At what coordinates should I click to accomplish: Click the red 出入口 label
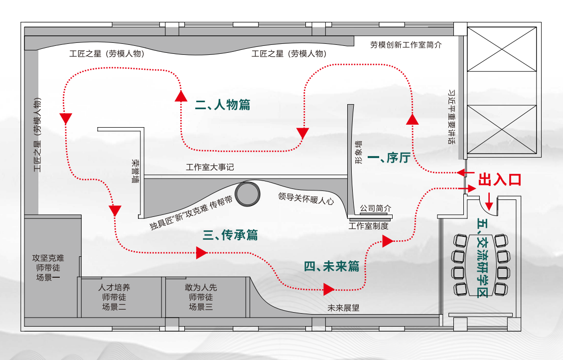click(500, 180)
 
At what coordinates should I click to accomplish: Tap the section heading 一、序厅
click(388, 158)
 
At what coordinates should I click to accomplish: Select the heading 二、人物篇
click(222, 105)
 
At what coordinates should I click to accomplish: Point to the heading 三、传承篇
click(230, 235)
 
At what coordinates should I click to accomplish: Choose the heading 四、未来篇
click(331, 266)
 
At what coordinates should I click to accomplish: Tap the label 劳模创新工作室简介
click(406, 45)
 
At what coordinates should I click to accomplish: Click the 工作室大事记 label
click(210, 168)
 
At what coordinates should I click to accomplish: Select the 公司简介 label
click(376, 208)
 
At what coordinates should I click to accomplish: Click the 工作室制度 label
click(368, 225)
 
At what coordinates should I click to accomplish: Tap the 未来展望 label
click(343, 308)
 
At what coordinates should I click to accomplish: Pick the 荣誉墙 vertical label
click(135, 171)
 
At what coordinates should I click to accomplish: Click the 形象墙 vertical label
click(358, 153)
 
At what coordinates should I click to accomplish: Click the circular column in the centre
click(248, 193)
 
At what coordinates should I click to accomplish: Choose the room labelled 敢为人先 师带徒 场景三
click(201, 297)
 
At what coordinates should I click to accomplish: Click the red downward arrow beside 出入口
click(489, 200)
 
